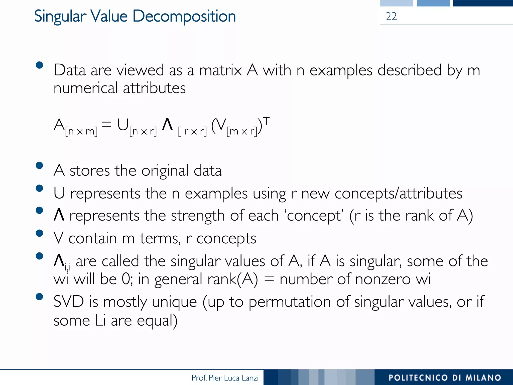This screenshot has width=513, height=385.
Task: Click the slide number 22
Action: click(391, 17)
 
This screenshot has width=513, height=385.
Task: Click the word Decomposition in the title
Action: click(184, 17)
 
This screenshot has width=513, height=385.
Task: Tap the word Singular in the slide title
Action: click(60, 17)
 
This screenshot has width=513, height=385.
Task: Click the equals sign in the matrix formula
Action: click(107, 124)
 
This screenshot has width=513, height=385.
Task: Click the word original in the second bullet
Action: click(165, 171)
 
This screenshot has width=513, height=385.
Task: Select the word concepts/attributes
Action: click(398, 194)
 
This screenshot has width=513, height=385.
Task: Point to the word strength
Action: click(198, 216)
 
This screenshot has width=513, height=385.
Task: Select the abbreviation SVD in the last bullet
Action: click(69, 302)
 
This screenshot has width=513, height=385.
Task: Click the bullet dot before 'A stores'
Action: click(39, 165)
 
